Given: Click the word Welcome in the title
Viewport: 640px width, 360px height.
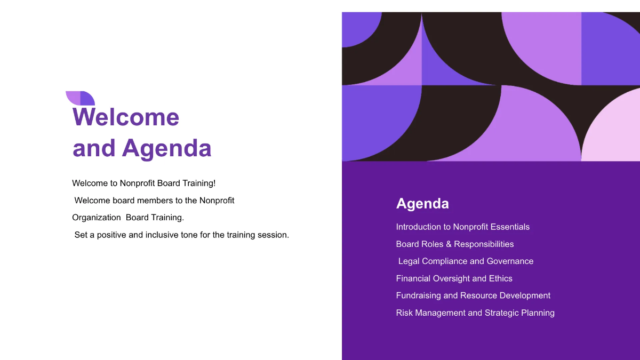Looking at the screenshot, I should coord(126,117).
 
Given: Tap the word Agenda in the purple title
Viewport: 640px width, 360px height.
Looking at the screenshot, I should coord(167,148).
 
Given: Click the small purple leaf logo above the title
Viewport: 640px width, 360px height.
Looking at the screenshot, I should coord(80,98).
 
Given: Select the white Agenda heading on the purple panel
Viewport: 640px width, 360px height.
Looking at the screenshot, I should coord(422,204).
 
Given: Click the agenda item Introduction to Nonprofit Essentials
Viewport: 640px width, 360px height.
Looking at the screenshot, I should coord(462,227).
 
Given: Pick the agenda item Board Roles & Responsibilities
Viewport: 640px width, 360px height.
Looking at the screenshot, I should coord(454,244).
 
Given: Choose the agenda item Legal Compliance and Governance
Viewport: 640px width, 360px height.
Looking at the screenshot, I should coord(466,261).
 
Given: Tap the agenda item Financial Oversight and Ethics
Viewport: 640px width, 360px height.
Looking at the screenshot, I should coord(454,278).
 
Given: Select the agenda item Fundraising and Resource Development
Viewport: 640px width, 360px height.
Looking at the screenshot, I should coord(473,295).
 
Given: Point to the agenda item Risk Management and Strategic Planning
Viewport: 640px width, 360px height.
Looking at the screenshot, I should coord(475,313).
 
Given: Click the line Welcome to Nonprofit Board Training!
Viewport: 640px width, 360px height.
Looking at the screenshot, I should coord(144,183).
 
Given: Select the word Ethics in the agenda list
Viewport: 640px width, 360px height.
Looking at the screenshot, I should coord(501,278).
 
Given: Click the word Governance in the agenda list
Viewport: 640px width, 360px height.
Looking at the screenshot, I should coord(510,261).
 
